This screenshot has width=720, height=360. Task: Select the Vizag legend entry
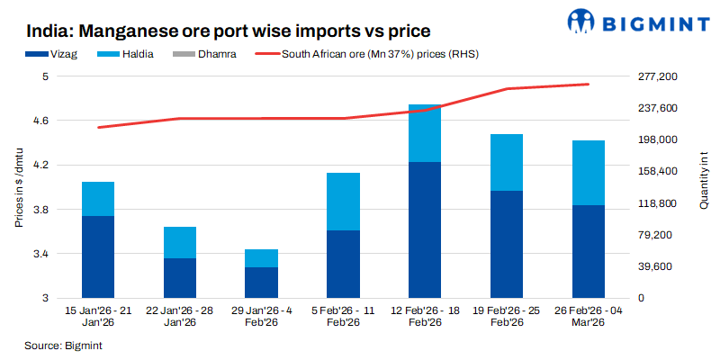58,54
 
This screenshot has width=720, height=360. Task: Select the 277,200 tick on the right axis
654,77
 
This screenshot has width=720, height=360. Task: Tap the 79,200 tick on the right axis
654,235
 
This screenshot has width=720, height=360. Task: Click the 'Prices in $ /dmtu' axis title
18,187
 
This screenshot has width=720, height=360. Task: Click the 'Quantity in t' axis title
703,187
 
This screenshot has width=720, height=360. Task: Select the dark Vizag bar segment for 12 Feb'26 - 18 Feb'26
425,230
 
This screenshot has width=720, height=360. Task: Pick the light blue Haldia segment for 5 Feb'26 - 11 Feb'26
343,202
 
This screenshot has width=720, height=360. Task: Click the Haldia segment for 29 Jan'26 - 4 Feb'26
261,258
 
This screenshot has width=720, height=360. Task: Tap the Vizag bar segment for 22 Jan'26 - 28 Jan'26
179,278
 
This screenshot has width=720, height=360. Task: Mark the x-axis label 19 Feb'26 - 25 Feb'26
506,316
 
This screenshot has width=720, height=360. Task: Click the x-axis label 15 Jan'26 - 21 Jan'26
99,316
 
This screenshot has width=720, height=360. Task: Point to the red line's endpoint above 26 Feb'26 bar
588,85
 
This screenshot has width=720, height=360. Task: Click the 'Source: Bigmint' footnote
63,345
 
